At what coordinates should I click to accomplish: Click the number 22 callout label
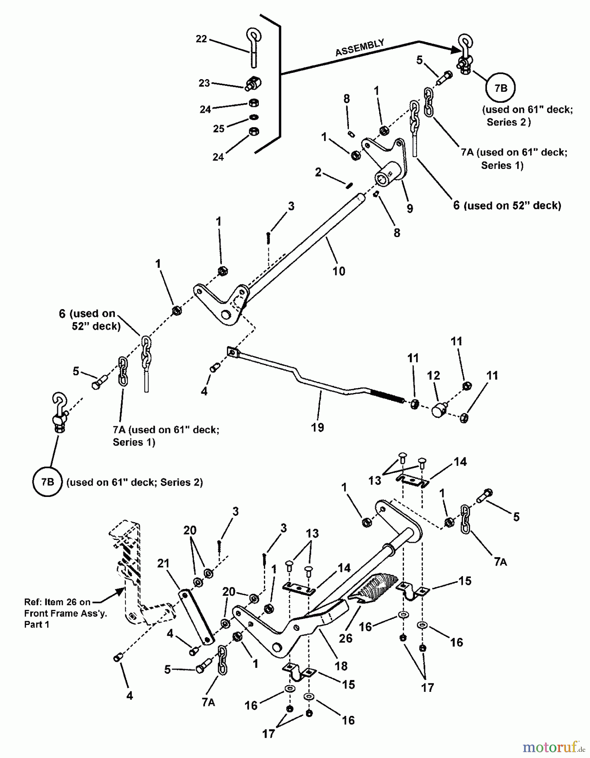tap(201, 39)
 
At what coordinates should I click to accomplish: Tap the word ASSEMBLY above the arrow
tap(359, 48)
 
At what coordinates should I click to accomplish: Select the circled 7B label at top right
tap(500, 88)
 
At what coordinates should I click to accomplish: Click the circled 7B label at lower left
tap(48, 482)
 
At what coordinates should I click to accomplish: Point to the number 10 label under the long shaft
tap(339, 271)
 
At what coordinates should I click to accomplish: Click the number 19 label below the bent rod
tap(317, 427)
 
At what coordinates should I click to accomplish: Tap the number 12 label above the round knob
tap(433, 375)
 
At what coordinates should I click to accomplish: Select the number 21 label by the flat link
tap(163, 563)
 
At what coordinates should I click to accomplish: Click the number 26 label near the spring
tap(345, 638)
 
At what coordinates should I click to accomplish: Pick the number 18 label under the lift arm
tap(341, 666)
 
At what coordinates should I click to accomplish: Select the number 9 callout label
tap(409, 208)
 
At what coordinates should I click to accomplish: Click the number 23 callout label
tap(204, 83)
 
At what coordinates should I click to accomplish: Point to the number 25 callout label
tap(218, 129)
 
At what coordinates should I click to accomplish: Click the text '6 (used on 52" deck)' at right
tap(507, 206)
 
